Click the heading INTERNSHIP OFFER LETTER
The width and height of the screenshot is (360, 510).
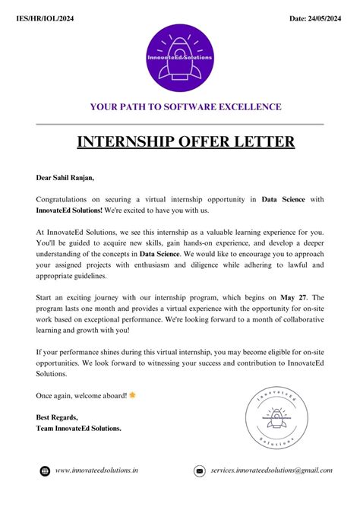180,142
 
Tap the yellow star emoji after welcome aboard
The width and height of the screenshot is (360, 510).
133,395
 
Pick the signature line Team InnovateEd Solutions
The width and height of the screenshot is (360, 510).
79,428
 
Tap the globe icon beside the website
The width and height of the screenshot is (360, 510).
45,471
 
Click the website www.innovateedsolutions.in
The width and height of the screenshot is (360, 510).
97,471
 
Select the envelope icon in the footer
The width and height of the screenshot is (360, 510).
199,471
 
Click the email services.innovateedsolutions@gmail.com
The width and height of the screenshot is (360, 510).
272,471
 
